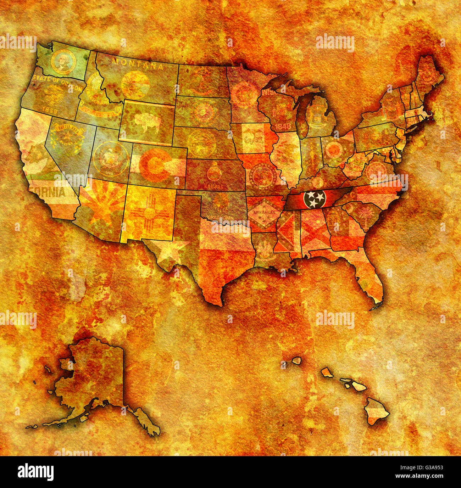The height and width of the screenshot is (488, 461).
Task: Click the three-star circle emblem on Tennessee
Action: pyautogui.click(x=315, y=199)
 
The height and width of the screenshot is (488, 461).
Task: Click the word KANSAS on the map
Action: pyautogui.click(x=214, y=186)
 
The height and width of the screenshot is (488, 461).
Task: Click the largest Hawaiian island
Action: pyautogui.click(x=377, y=411)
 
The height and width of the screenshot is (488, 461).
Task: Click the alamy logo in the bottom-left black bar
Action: pyautogui.click(x=35, y=472)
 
